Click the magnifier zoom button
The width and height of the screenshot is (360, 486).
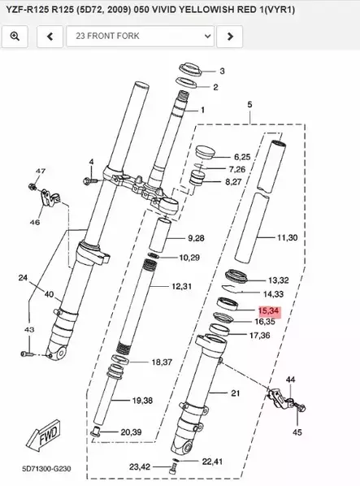click(15, 37)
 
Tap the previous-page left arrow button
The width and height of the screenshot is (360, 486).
click(50, 37)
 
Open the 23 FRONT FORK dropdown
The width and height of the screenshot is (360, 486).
click(140, 37)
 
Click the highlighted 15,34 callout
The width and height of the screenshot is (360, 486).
click(269, 310)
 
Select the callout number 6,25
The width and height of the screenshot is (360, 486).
click(242, 157)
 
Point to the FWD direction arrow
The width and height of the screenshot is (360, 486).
click(43, 436)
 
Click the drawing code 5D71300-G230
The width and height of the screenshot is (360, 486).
click(46, 468)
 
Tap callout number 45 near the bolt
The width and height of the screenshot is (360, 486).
click(297, 432)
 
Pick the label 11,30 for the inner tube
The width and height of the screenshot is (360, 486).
click(287, 238)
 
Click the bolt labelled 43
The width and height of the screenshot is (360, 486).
click(27, 354)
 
